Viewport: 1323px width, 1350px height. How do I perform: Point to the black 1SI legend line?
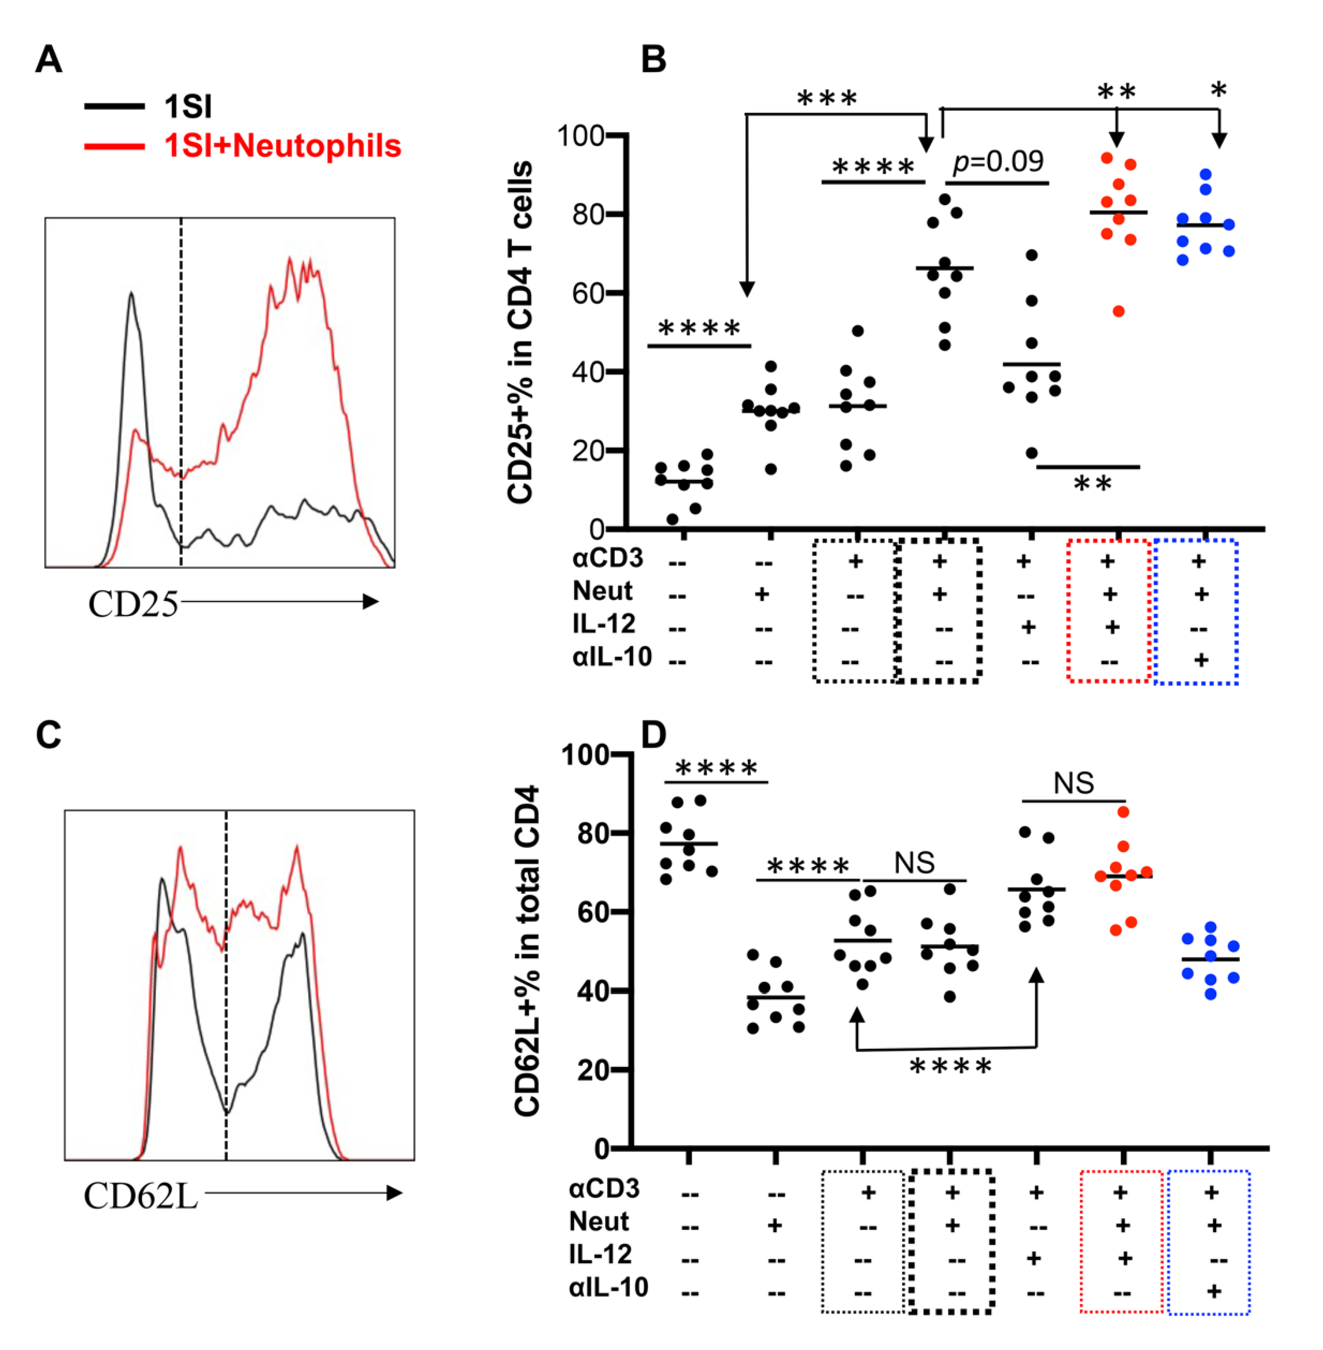115,106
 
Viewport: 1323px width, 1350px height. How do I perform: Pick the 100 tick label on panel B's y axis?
580,135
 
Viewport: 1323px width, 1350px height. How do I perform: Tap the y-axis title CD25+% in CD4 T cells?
520,332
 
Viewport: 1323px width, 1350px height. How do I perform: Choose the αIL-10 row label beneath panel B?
612,656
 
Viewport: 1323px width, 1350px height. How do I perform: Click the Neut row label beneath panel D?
599,1221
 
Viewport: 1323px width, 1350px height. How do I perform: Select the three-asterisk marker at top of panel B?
827,99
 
